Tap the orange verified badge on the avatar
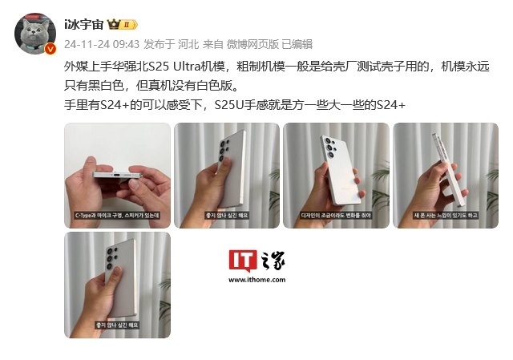(50, 49)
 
